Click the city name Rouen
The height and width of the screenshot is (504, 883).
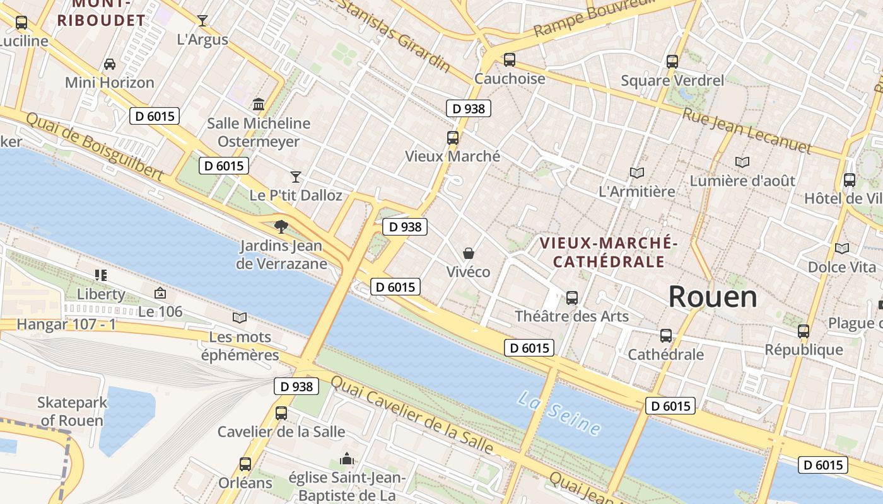(713, 296)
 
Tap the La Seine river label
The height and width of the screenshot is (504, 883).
(559, 413)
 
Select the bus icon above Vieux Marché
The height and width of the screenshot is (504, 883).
(452, 138)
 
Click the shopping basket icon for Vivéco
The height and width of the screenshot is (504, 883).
(469, 253)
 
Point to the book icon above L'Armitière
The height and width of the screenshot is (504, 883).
(637, 173)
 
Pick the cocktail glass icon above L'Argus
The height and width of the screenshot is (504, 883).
(202, 21)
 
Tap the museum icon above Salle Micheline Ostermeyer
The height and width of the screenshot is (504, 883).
(259, 104)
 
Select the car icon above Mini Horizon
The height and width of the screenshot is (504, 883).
(110, 64)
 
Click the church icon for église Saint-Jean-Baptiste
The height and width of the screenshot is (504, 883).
(347, 459)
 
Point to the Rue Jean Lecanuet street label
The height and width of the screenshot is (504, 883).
(747, 130)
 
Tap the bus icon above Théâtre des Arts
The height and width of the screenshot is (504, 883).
(572, 297)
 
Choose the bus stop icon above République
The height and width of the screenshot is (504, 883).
(804, 331)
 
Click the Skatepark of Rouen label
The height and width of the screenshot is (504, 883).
(71, 411)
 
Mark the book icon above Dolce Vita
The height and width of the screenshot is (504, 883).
(841, 248)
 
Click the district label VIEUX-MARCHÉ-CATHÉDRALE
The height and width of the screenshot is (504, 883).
(609, 252)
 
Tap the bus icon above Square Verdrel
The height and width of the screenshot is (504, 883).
(672, 62)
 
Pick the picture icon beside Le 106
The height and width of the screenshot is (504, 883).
(160, 293)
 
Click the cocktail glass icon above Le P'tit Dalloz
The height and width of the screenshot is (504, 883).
(296, 176)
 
